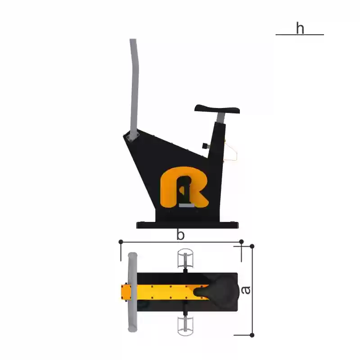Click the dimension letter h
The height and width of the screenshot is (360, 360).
(300, 28)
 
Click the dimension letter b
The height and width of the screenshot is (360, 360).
(180, 234)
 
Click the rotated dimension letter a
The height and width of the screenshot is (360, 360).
(246, 290)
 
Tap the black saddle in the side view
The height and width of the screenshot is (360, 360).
(217, 109)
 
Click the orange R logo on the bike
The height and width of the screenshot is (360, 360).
(184, 187)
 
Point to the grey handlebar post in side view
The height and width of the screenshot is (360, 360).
(134, 87)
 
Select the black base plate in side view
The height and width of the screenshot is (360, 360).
(187, 225)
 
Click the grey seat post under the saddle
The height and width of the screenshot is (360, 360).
(220, 117)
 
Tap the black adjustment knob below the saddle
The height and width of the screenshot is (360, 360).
(206, 146)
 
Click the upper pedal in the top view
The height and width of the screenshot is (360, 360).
(185, 258)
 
